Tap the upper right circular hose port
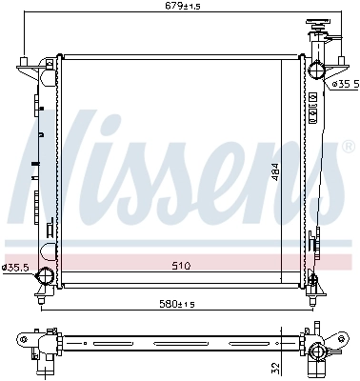pos(315,69)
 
